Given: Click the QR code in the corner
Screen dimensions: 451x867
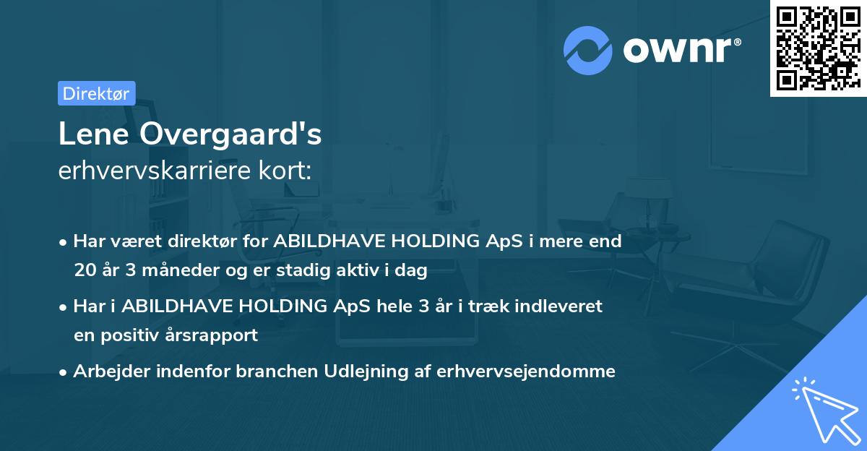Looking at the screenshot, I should (x=819, y=48).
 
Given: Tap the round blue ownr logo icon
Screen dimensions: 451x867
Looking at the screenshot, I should (x=587, y=51).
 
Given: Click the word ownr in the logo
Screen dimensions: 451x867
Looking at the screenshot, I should (x=679, y=51).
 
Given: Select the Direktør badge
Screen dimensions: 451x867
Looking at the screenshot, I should (x=97, y=93).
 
